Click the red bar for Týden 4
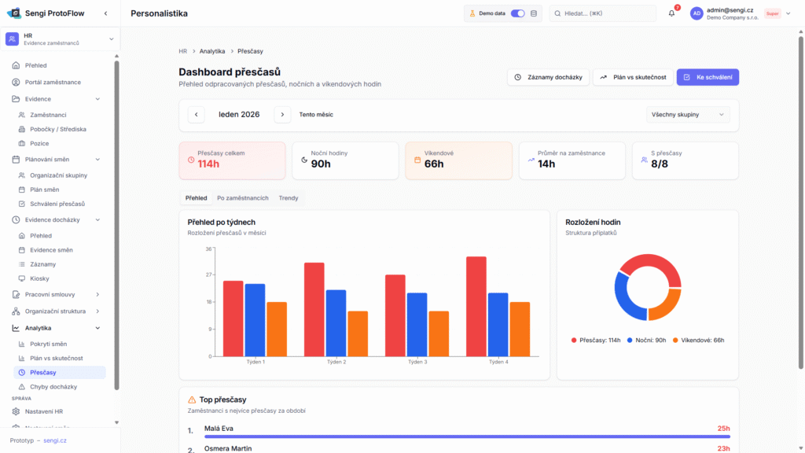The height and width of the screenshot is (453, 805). pos(476,306)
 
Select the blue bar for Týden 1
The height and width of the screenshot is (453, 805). pos(255,319)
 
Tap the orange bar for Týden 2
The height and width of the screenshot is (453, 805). pos(358,333)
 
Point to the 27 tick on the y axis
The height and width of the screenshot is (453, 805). pos(209,274)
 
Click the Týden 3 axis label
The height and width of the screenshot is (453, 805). pos(417,362)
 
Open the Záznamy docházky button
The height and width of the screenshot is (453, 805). pos(548,77)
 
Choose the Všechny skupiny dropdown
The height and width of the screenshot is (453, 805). pos(688,115)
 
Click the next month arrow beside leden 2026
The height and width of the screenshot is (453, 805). pos(282,115)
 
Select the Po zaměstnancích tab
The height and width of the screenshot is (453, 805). pos(243,198)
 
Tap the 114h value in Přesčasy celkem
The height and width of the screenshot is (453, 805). pos(208,164)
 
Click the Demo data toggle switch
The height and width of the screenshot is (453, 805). pos(518,13)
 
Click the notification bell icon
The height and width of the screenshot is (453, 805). pos(671,13)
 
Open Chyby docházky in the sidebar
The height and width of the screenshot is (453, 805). pos(53,387)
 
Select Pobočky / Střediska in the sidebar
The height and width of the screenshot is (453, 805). pos(58,129)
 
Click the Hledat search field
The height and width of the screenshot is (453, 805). pos(602,13)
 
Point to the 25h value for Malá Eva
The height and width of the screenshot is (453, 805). pos(723,429)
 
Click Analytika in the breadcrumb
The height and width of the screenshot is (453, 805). pos(212,51)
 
